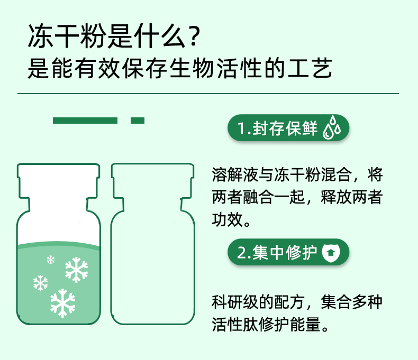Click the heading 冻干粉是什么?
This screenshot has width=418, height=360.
[x=113, y=37]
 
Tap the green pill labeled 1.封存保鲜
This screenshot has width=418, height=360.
[x=288, y=129]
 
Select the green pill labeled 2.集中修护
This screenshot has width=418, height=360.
[x=288, y=253]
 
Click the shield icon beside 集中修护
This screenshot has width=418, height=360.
[x=330, y=253]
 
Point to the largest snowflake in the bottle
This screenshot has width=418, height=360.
[x=62, y=302]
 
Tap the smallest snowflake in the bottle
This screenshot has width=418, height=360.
[x=51, y=260]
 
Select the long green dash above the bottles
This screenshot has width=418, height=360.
[x=85, y=121]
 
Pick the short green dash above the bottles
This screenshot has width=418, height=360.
[x=137, y=121]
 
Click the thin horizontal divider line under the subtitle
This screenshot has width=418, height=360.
[x=208, y=94]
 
